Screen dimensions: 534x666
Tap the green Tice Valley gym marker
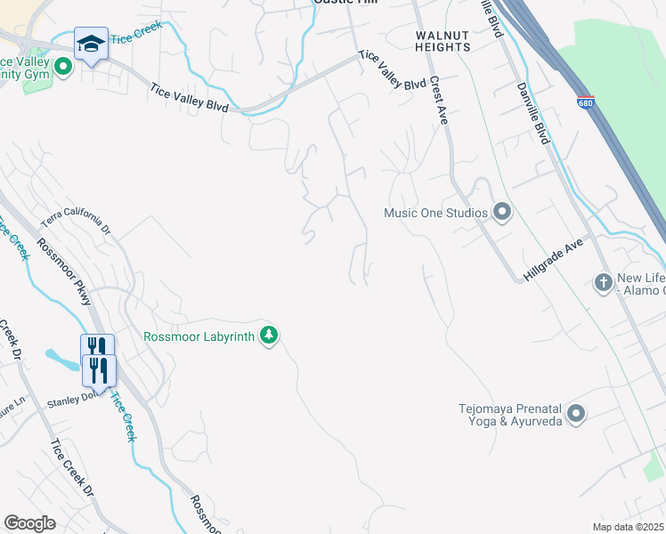(x=62, y=67)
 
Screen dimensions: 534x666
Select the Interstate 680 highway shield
(x=585, y=103)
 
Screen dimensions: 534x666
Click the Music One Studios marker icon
(x=502, y=213)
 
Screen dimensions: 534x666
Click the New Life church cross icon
(x=604, y=283)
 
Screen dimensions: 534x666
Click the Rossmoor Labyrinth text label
(x=199, y=336)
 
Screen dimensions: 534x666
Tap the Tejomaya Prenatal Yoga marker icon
(x=576, y=414)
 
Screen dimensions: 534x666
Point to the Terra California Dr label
(x=77, y=223)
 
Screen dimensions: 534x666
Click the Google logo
(x=30, y=523)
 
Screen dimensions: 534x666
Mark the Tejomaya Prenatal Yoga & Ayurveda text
(x=510, y=415)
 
